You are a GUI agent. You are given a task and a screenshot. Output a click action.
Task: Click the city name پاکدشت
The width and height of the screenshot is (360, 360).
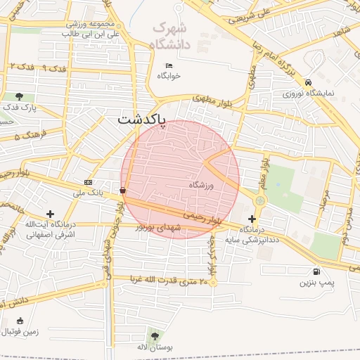141,120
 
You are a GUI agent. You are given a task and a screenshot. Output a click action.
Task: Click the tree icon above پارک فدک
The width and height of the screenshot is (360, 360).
18,97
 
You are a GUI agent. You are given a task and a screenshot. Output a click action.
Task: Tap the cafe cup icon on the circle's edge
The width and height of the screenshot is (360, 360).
124,190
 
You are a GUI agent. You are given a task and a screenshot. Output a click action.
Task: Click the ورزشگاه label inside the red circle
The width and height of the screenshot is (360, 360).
200,185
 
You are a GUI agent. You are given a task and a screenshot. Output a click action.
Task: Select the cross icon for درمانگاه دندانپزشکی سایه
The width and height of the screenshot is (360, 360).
252,219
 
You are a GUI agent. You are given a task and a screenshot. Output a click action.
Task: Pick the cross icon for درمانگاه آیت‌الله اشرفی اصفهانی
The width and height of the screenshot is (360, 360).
49,214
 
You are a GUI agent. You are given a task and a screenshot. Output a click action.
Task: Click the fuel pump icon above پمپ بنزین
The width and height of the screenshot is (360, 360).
315,272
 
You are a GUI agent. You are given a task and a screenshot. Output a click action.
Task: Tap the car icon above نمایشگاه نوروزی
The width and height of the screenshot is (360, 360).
309,83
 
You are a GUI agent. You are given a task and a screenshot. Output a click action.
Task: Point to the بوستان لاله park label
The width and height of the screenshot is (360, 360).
154,348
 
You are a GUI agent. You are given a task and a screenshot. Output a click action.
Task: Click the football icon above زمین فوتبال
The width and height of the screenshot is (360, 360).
18,321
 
